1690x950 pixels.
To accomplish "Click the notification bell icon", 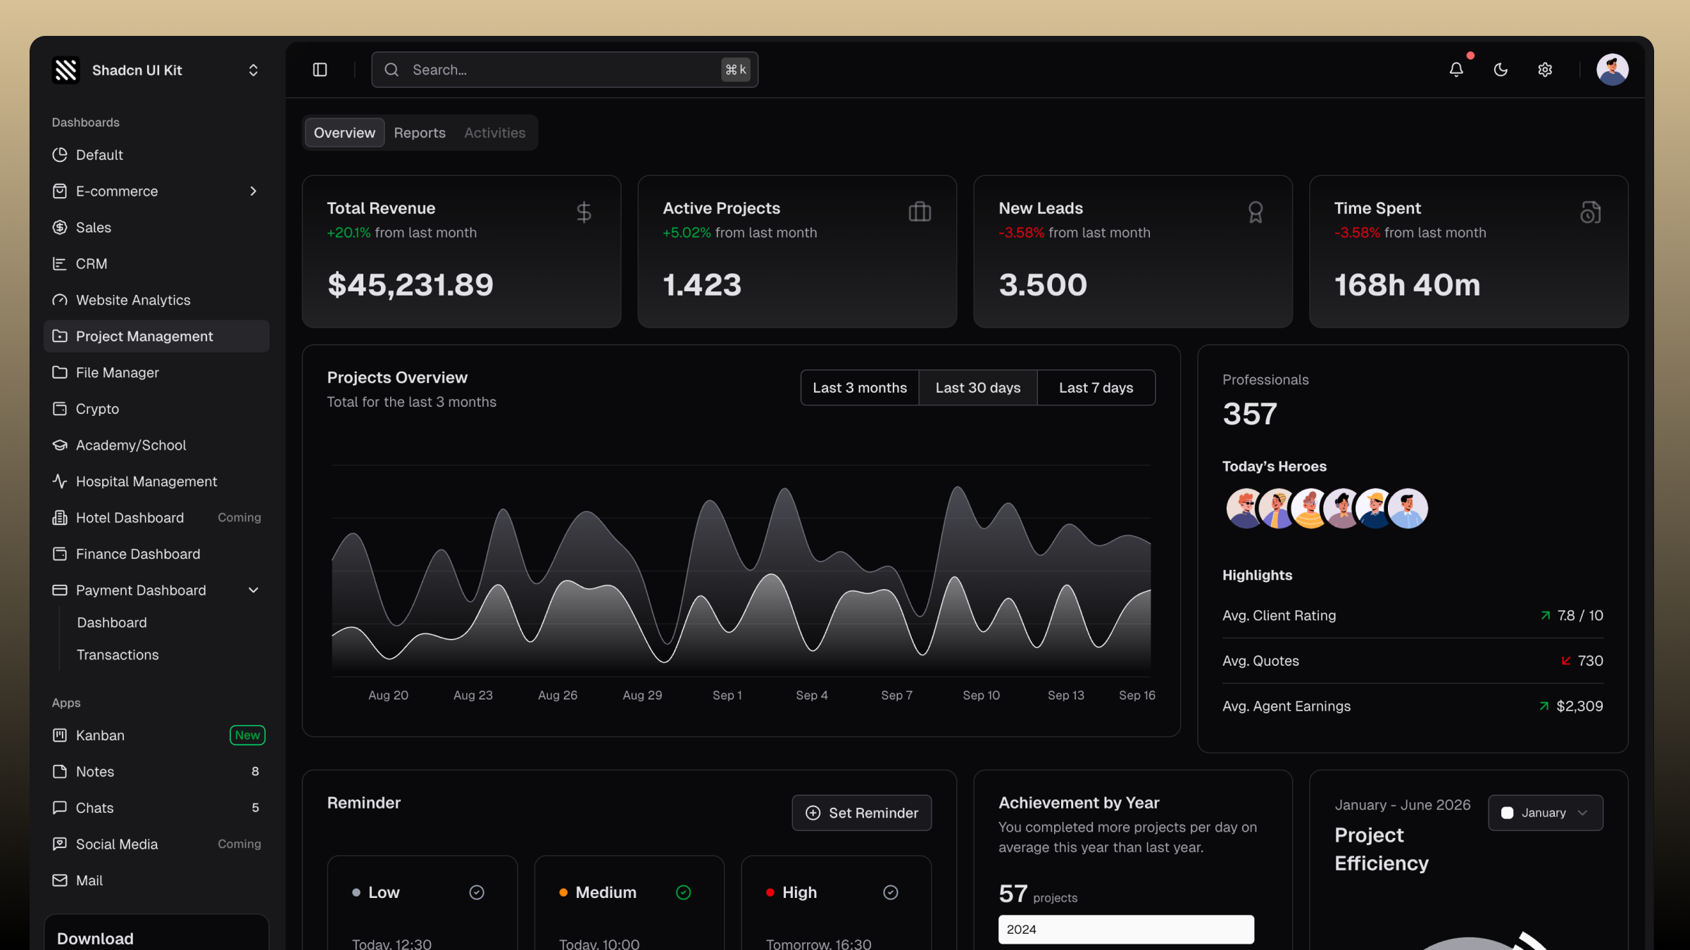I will (1456, 70).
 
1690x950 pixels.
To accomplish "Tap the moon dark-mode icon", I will (1501, 70).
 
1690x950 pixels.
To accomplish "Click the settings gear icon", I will (1545, 70).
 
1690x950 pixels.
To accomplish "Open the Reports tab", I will (420, 133).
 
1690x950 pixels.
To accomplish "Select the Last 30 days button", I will (978, 388).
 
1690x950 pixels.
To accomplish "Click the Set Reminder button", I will (862, 813).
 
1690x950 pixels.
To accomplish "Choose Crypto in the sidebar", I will (97, 409).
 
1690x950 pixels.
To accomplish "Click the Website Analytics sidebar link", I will (133, 300).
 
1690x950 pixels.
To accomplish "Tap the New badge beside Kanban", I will (247, 735).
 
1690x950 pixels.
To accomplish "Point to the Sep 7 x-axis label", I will (896, 695).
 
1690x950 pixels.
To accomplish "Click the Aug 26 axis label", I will (558, 695).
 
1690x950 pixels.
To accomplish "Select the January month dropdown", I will (1546, 813).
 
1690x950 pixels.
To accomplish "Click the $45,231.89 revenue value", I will (411, 285).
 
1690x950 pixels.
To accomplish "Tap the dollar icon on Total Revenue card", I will (584, 212).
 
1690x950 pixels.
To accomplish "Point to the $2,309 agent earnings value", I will (1579, 706).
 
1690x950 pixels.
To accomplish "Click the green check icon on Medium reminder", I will (683, 892).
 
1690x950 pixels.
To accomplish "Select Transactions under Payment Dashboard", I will (118, 655).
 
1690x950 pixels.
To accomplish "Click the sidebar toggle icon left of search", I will (320, 70).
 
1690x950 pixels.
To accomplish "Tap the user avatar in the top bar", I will (1613, 70).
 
